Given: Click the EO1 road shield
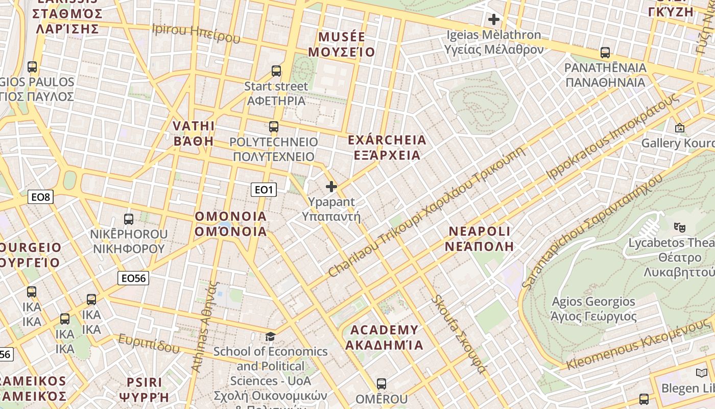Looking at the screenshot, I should (264, 190).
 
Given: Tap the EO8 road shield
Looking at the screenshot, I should (40, 197).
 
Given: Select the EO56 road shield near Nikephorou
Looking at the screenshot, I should (133, 278).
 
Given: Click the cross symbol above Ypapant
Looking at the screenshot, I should (331, 187).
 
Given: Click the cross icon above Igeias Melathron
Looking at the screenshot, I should (493, 20).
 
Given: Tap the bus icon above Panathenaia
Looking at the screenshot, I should (605, 52).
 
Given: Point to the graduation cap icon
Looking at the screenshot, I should (270, 336).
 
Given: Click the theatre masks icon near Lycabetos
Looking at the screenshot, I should (679, 226).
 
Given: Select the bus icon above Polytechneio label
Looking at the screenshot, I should (274, 126).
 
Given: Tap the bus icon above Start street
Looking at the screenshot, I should (276, 71).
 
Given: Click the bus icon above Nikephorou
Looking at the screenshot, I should (129, 219).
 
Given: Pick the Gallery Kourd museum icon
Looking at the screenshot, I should (679, 128).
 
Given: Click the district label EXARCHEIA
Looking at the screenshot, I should (387, 147).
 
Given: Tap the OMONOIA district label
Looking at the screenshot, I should (231, 224).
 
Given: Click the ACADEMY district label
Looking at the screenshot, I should (384, 337).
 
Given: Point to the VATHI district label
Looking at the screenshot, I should (194, 133).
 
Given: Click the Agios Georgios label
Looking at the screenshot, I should (593, 309).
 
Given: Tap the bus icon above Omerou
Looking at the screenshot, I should (381, 383).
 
